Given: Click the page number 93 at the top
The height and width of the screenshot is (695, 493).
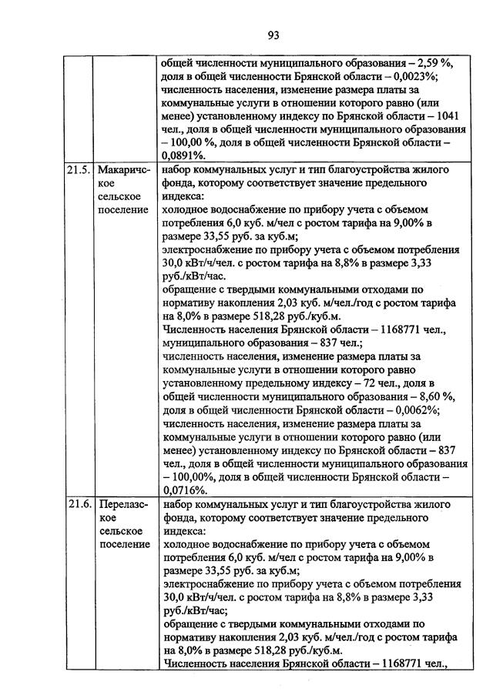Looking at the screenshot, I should click(x=273, y=35).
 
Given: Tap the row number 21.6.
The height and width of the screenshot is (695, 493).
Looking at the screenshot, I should click(x=77, y=504).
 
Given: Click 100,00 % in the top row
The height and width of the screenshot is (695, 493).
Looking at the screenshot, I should click(x=196, y=142).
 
